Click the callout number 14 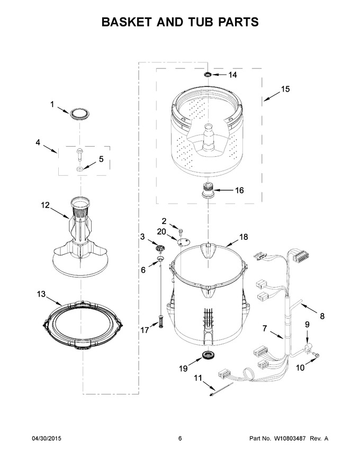click(232, 75)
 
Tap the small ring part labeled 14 click(208, 74)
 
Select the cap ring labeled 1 click(80, 114)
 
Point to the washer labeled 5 click(80, 169)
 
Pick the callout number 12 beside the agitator click(45, 205)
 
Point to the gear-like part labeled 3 click(160, 247)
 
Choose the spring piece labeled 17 click(161, 322)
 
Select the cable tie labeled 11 click(221, 389)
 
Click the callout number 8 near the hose click(322, 316)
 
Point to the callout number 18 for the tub click(244, 237)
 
